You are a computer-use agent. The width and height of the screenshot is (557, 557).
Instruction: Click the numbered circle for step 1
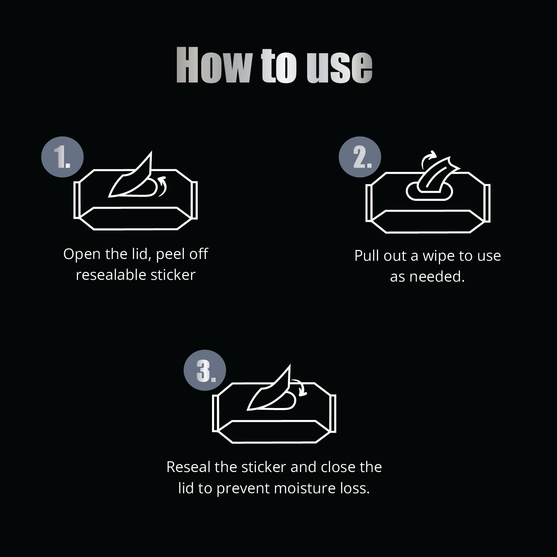(62, 157)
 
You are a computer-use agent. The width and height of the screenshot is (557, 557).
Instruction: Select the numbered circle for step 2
(360, 157)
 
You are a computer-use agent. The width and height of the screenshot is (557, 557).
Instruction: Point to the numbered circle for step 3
(205, 370)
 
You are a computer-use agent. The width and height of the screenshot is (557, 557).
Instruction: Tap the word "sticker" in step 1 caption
(173, 275)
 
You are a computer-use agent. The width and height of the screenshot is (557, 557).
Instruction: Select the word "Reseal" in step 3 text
(189, 467)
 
